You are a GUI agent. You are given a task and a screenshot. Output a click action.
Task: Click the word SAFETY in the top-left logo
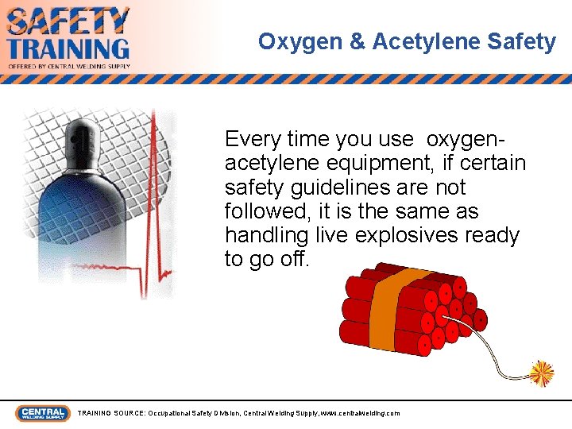click(x=68, y=21)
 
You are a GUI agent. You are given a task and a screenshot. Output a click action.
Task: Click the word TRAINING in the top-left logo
click(x=68, y=48)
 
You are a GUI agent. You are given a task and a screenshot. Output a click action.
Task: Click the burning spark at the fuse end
click(x=542, y=372)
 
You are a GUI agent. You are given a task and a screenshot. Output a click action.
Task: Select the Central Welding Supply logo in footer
click(x=43, y=413)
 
